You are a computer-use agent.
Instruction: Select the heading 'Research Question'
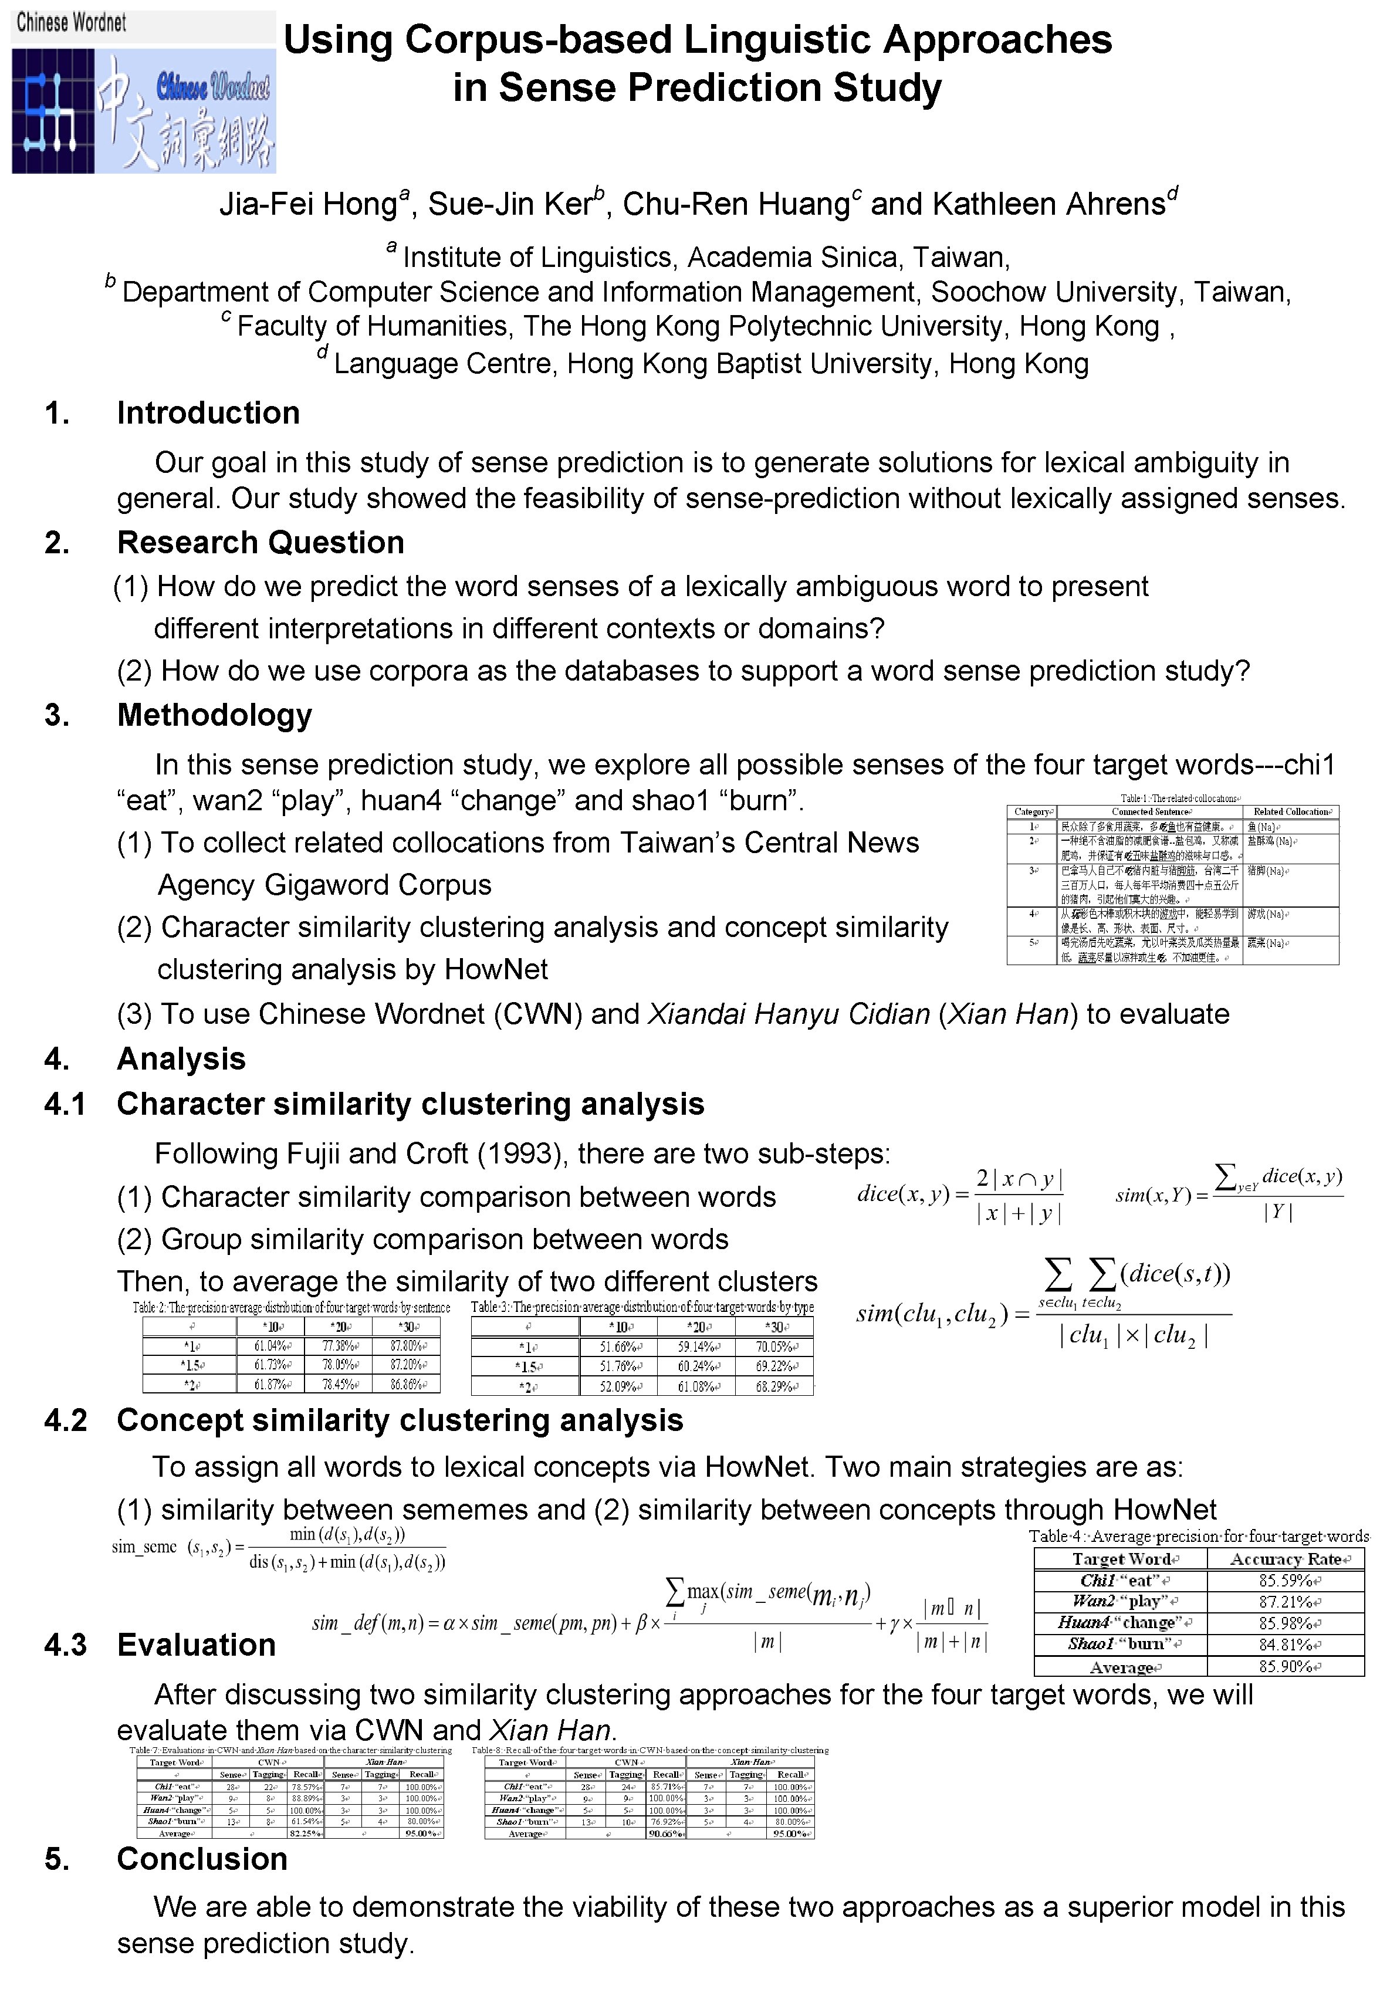coord(261,543)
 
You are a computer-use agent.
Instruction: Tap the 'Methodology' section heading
coord(215,715)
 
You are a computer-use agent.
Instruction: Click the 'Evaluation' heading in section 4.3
coord(197,1645)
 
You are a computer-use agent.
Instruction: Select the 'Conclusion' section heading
coord(202,1859)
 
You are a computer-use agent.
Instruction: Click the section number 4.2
coord(66,1420)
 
